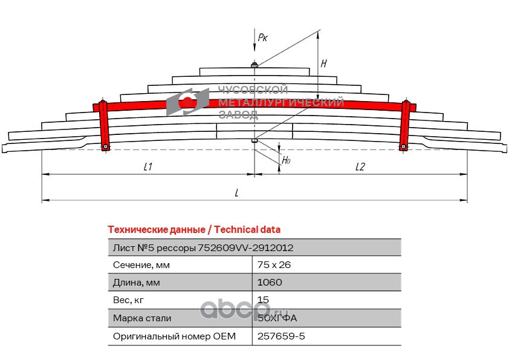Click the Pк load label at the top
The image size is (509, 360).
[262, 38]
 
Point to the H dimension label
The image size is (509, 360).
[324, 63]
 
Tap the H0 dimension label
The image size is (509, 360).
[286, 161]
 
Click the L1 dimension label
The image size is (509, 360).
[148, 167]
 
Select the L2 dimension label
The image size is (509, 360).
[360, 167]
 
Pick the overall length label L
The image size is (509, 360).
[237, 193]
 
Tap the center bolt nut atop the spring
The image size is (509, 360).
[254, 65]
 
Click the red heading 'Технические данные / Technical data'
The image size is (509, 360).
[193, 229]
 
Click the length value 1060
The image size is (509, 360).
[270, 283]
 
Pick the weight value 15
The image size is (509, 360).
[263, 300]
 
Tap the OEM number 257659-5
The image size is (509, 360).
[281, 336]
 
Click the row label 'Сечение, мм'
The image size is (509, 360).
[141, 265]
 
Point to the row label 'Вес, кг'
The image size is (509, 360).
[129, 300]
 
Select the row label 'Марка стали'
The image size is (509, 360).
[142, 318]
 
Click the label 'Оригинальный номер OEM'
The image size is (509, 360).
[174, 336]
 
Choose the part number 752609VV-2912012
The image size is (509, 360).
[247, 247]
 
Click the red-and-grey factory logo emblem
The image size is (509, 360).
[188, 101]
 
